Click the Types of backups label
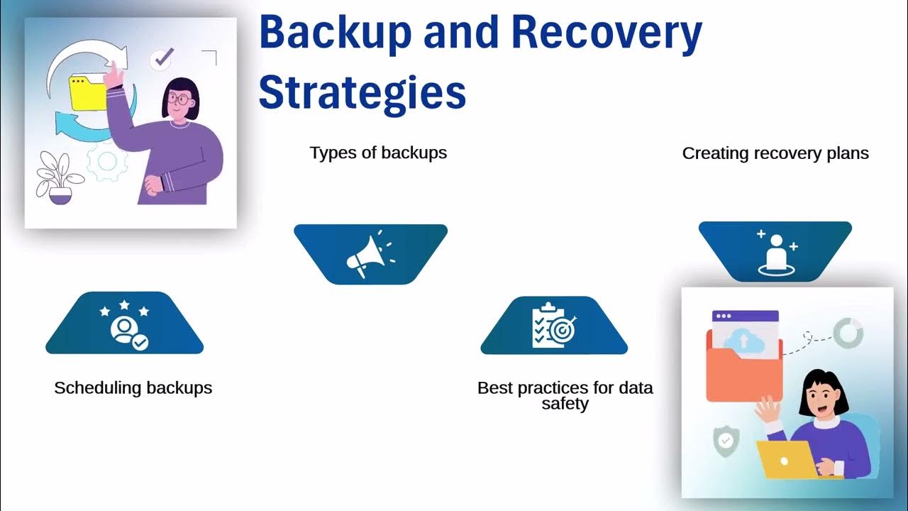[378, 153]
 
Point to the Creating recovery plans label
[775, 153]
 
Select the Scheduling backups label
[133, 388]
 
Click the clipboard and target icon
[554, 326]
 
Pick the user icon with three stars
[126, 326]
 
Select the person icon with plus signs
[775, 252]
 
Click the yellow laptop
[785, 459]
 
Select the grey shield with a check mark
[725, 441]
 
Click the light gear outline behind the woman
[107, 162]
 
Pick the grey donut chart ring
[848, 333]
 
